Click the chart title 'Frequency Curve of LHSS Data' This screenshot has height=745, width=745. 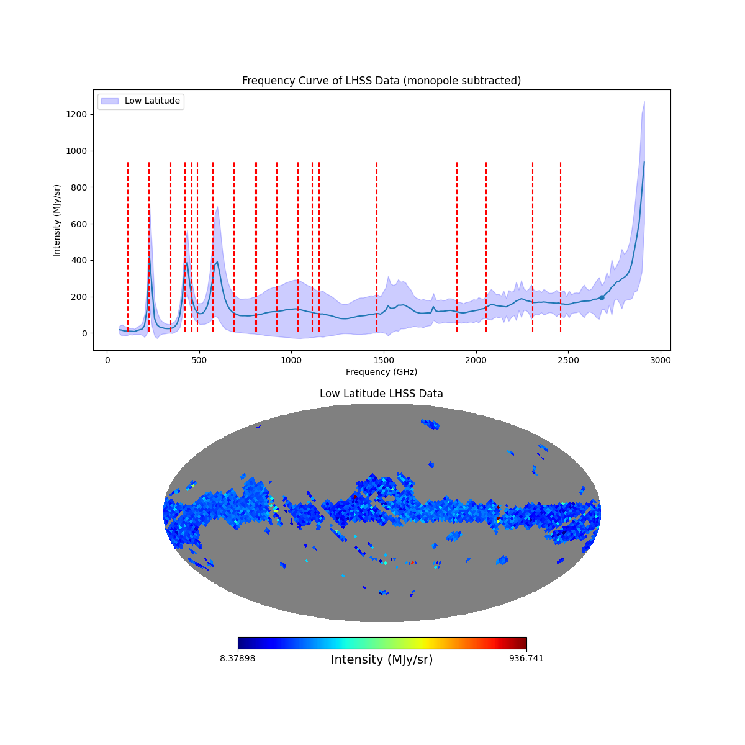tap(381, 81)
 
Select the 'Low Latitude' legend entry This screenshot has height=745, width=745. tap(152, 101)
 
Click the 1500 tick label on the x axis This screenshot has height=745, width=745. tap(384, 360)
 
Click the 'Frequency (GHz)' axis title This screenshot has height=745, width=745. tap(381, 372)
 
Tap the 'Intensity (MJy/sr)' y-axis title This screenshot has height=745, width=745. tap(57, 220)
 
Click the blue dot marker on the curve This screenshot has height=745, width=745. tap(602, 297)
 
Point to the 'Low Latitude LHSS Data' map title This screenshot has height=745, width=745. tap(381, 394)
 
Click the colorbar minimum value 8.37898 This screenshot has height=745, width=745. tap(237, 658)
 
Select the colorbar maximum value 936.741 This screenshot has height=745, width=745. tap(526, 658)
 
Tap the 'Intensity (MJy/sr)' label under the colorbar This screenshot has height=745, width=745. tap(382, 660)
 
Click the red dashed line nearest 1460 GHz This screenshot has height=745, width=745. tap(377, 248)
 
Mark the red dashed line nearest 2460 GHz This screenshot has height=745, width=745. tap(561, 248)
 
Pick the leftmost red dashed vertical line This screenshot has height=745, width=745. tap(128, 248)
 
